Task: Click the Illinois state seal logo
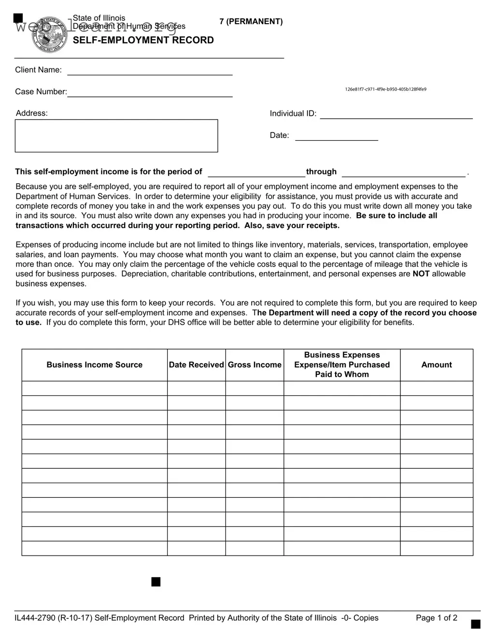coord(48,35)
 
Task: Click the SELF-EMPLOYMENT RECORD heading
coord(143,40)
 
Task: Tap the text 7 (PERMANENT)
coord(251,22)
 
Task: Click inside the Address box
coord(116,136)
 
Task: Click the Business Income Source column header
coord(95,365)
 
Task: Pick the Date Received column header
coord(196,365)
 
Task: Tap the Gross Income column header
coord(255,365)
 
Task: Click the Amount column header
coord(437,365)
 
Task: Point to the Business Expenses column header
coord(342,365)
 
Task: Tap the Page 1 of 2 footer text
coord(437,618)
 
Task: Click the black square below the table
coord(156,582)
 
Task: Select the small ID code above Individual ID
coord(385,89)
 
